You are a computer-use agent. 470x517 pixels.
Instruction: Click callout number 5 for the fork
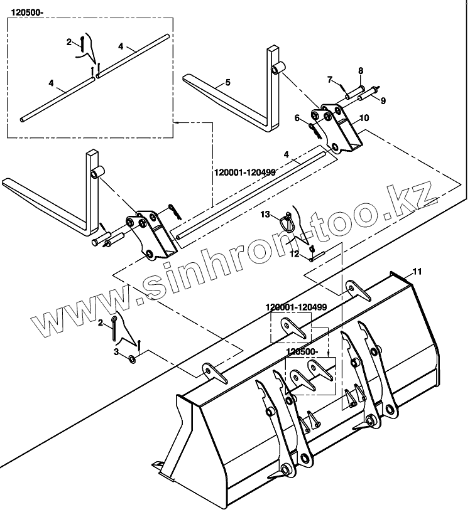228,82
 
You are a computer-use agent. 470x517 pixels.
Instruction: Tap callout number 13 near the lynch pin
265,215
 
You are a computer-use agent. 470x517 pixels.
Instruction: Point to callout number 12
293,253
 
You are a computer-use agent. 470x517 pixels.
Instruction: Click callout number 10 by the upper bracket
365,118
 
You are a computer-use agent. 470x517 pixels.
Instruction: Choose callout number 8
361,70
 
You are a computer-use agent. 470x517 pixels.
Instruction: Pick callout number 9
383,100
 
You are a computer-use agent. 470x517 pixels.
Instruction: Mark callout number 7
329,79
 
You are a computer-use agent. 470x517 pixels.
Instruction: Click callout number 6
298,118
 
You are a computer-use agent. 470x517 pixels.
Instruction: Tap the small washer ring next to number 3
131,359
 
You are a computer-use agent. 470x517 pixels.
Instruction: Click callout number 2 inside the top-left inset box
69,41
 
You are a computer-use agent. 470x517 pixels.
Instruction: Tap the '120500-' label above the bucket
303,353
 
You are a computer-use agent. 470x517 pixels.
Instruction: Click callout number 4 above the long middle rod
287,154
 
